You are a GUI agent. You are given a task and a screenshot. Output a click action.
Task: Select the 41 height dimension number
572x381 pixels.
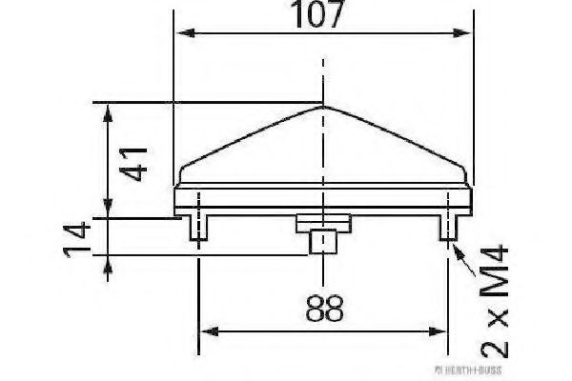coord(136,163)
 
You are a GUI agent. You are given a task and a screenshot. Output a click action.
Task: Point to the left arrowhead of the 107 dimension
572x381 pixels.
coord(182,34)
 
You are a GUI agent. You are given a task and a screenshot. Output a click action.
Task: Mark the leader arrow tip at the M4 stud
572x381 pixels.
coord(456,246)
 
